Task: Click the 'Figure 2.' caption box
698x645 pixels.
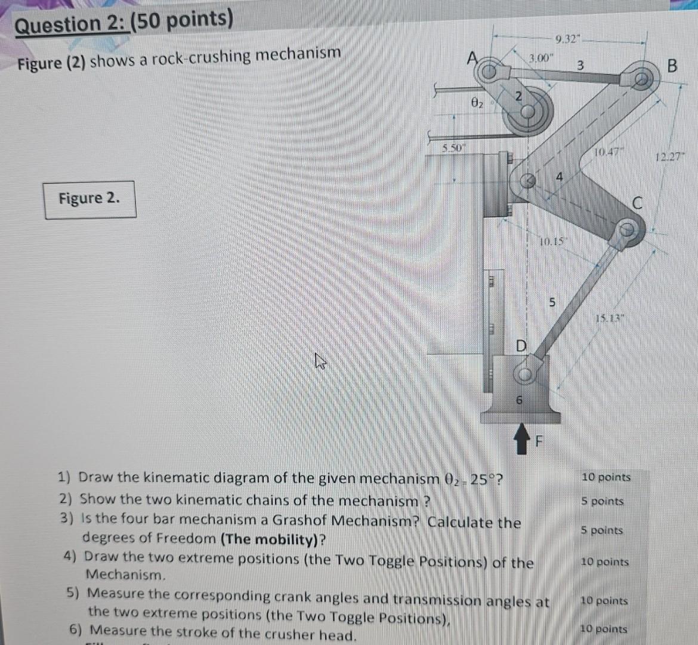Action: point(89,199)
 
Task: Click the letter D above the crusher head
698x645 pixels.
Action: point(521,346)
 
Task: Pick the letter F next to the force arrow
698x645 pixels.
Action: point(539,443)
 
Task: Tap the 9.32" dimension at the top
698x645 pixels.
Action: point(565,41)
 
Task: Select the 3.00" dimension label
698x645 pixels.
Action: point(541,58)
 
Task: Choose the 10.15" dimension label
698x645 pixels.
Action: point(553,241)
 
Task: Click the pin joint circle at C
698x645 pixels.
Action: point(626,229)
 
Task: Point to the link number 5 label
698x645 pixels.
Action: point(552,303)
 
